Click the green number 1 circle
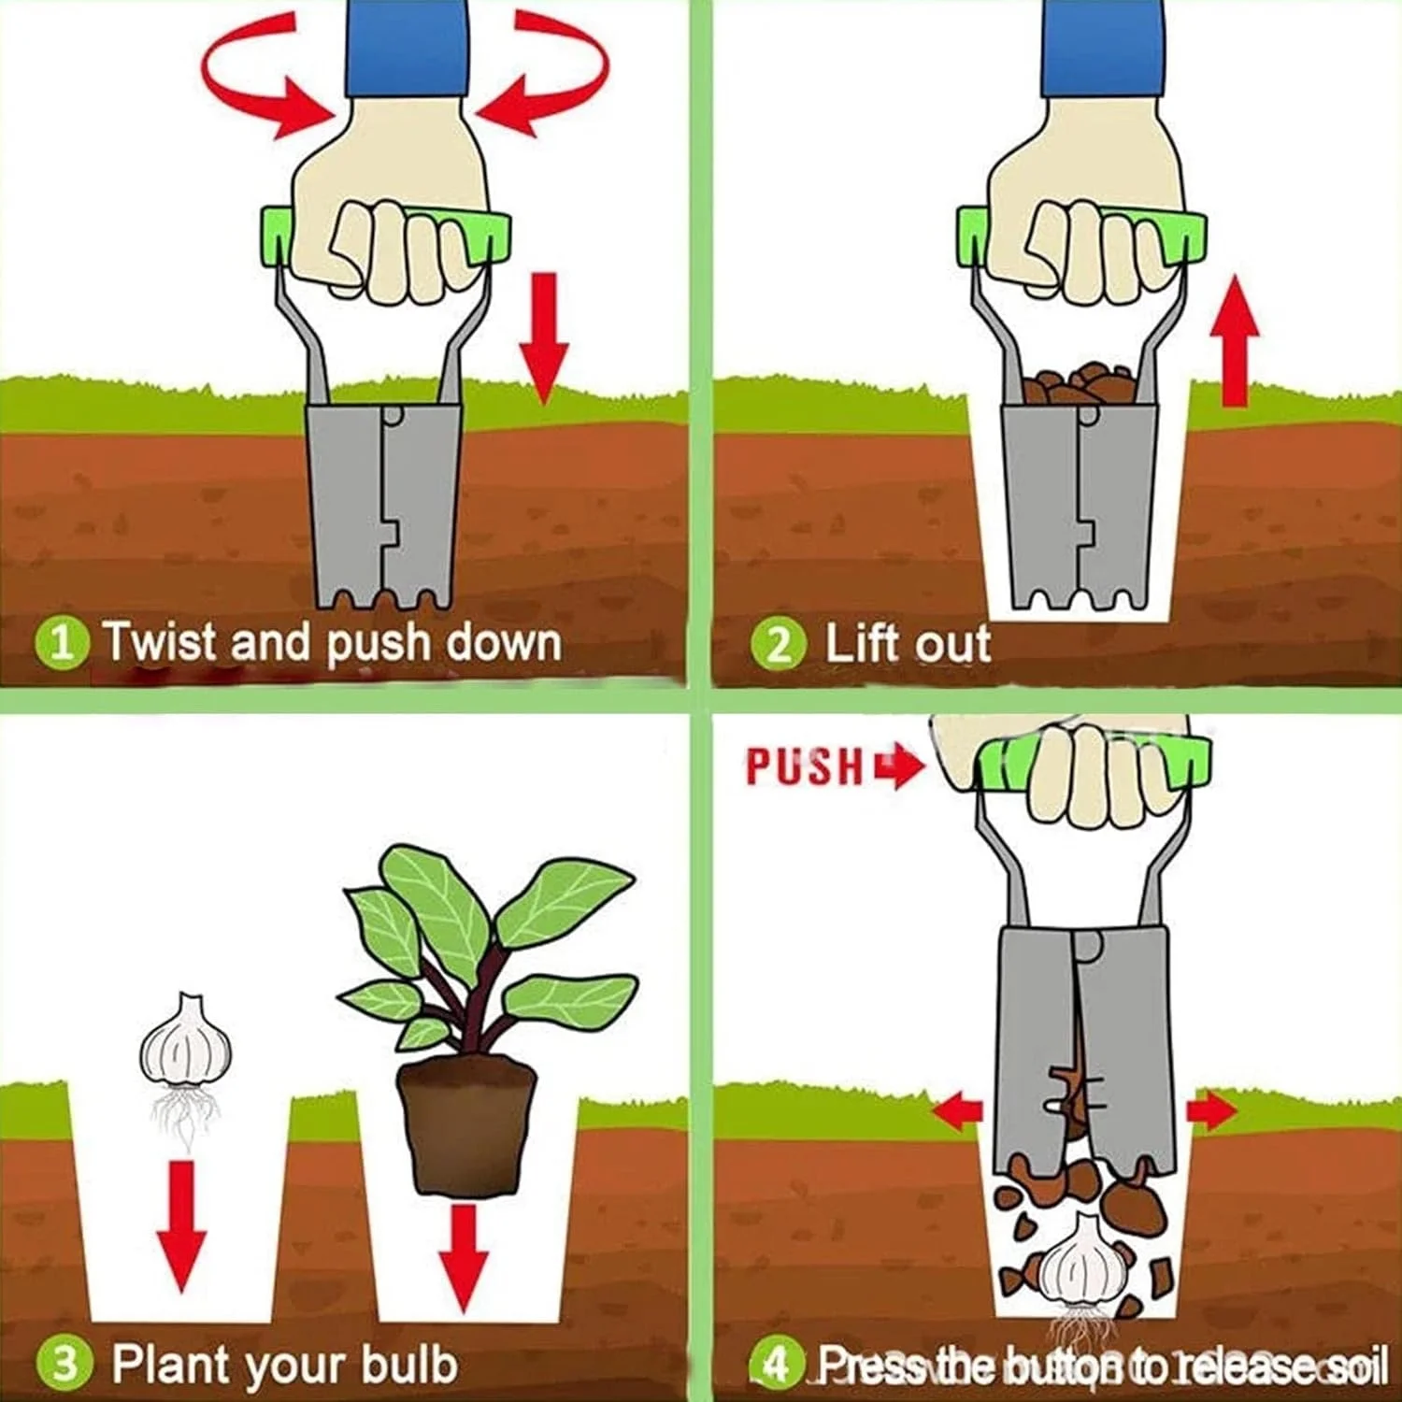click(62, 643)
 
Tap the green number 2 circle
click(778, 645)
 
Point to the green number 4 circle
click(776, 1366)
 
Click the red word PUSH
click(805, 767)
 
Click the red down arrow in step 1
click(544, 336)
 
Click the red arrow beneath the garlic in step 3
click(181, 1224)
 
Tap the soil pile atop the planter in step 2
click(1077, 383)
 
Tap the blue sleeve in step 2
click(1104, 47)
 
